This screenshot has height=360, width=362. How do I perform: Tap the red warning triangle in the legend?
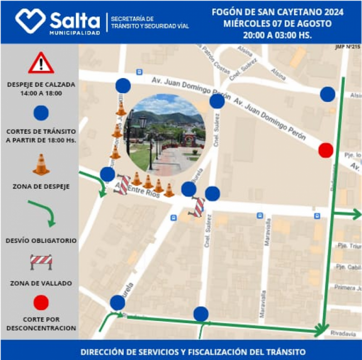click(41, 63)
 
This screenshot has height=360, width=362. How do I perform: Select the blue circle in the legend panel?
click(41, 114)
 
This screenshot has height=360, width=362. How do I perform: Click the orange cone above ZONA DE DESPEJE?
click(41, 165)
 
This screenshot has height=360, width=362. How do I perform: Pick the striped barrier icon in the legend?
click(41, 261)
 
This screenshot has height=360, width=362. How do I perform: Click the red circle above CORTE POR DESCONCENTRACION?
click(41, 303)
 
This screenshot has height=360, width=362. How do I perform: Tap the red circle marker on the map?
click(326, 150)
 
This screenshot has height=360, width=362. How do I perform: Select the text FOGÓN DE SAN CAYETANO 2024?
click(277, 12)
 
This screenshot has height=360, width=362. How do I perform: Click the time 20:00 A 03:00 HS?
click(277, 35)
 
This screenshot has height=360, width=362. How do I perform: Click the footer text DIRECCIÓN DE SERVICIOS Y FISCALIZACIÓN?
click(193, 352)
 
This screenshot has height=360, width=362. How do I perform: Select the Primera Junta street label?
click(348, 288)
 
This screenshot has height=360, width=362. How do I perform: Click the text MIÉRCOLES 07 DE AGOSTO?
click(277, 23)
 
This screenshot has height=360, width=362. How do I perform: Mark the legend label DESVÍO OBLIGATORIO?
click(41, 241)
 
